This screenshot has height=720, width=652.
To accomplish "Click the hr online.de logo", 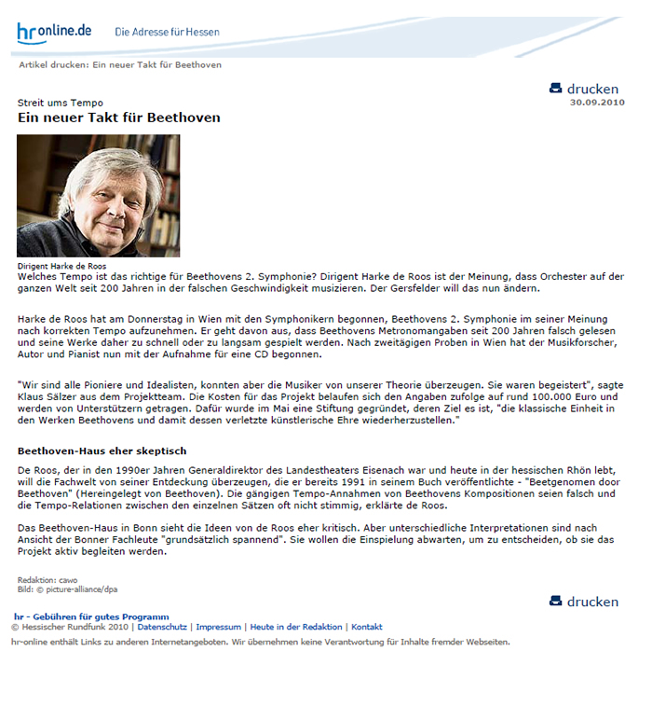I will [54, 32].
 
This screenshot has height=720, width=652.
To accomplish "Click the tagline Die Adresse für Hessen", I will [167, 32].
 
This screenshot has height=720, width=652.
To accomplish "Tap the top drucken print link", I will [592, 89].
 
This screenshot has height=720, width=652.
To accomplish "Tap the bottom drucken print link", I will [592, 602].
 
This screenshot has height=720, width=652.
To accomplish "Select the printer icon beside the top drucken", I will [556, 89].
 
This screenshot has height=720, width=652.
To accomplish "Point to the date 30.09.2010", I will [596, 102].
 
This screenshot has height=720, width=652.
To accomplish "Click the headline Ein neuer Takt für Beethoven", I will [119, 118].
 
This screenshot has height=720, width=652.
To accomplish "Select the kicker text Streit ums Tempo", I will [61, 103].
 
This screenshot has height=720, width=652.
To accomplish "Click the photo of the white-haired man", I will [99, 195].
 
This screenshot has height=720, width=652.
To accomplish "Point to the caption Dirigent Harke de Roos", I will [61, 266].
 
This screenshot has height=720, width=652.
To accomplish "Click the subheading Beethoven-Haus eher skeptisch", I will [102, 450].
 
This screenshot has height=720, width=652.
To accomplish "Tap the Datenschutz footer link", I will [163, 627].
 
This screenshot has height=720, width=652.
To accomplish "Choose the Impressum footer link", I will [219, 627].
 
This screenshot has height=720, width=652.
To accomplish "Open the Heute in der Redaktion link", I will [296, 627].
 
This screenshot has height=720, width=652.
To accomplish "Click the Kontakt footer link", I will [367, 627].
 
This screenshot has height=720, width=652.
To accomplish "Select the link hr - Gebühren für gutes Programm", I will [91, 616].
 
